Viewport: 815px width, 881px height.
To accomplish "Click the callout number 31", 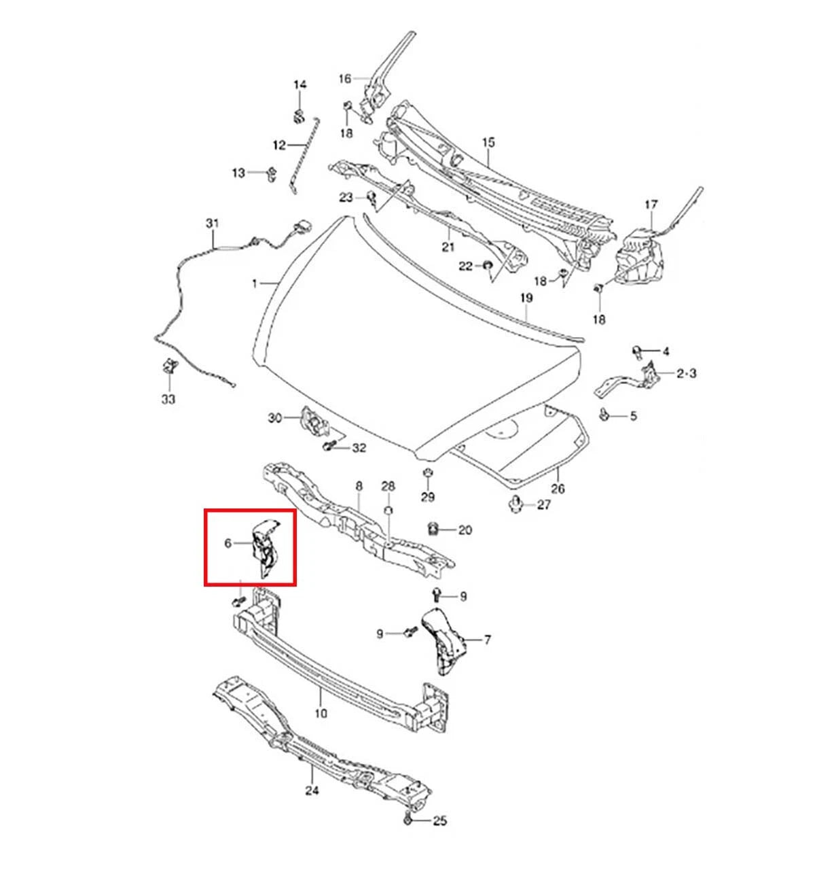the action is point(213,223).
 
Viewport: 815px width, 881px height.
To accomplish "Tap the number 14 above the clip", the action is point(300,85).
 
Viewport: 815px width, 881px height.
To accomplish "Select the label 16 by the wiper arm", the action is point(344,79).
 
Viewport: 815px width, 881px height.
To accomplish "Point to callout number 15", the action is point(488,143).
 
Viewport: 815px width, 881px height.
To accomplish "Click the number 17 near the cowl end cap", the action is point(651,205).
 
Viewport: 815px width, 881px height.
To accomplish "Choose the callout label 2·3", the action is point(687,373).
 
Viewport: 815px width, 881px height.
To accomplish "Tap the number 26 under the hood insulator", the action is point(558,489).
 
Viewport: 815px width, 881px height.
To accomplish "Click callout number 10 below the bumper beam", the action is point(321,713).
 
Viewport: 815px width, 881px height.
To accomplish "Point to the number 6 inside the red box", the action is point(228,543).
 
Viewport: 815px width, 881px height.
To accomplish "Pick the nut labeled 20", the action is point(433,530).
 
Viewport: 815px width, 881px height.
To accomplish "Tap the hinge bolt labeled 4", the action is point(637,351).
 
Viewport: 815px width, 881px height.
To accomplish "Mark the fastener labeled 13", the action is point(272,174).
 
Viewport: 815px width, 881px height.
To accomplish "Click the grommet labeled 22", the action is point(488,266).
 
